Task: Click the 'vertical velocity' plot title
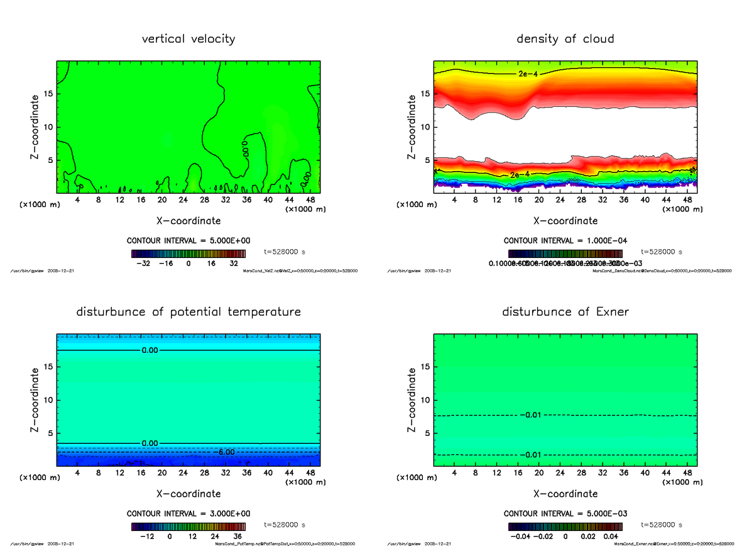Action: click(x=188, y=39)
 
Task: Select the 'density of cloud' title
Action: click(x=565, y=39)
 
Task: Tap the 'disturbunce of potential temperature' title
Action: click(x=188, y=312)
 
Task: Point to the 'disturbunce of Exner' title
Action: click(x=565, y=312)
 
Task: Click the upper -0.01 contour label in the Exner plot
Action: click(x=532, y=415)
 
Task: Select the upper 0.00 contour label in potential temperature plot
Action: click(x=150, y=350)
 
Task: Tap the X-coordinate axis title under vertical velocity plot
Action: click(x=188, y=221)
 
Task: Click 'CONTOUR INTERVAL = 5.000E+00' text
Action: click(x=188, y=241)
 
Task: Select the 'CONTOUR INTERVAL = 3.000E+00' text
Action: click(x=188, y=514)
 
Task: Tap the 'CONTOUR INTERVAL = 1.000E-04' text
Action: click(x=565, y=241)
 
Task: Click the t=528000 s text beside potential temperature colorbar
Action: click(x=285, y=525)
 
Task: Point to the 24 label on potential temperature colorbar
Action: click(x=215, y=537)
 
